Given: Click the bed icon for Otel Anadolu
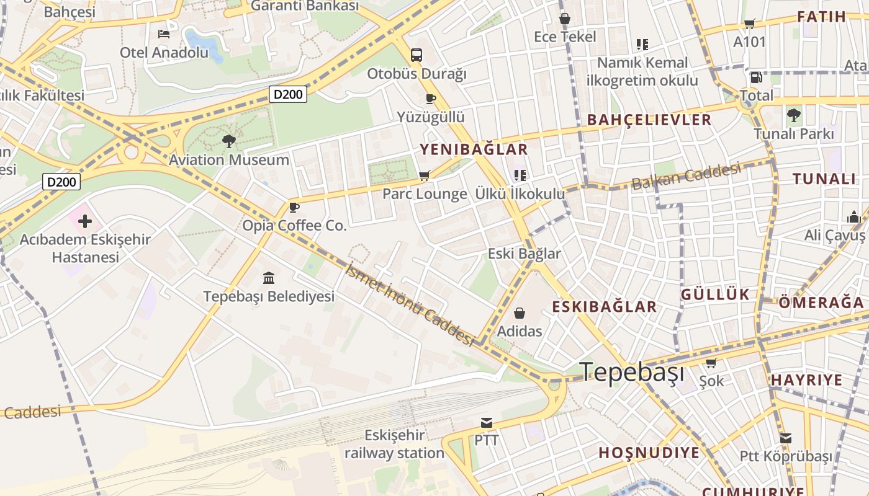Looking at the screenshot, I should coord(164,33).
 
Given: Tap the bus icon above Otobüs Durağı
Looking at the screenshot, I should coord(416,55).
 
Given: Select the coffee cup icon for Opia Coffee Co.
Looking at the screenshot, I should coord(294,206).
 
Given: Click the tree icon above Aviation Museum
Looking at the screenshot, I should coord(229,141).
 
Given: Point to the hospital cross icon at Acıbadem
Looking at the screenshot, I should coord(85,221).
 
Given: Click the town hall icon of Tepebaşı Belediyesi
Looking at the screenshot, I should coord(269,278).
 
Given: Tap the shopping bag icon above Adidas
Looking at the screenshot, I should coord(520,313).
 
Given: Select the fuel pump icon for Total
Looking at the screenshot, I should coord(756,77).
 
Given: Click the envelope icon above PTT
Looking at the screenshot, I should coord(487,423).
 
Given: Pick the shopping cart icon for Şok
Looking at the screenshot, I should coord(711,363).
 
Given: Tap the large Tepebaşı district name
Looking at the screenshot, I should coord(633,372).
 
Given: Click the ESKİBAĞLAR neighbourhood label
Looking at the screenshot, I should coord(604,307).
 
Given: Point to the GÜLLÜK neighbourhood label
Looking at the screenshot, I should coord(715,294).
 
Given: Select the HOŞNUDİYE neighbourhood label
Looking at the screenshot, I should coord(649,453).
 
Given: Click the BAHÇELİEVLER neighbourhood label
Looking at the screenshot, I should coord(649,120).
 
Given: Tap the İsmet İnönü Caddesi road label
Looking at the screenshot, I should coord(411,304).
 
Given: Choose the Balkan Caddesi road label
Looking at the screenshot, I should coord(686,176).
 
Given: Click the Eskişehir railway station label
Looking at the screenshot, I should coord(394,444).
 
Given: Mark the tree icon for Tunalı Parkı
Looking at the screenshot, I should coord(793,115).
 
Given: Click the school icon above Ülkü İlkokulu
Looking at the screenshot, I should coord(520,175).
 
